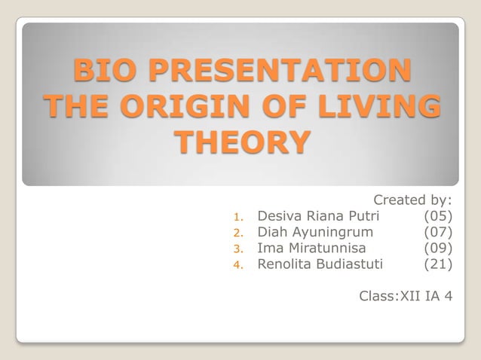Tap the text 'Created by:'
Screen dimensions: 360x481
pyautogui.click(x=412, y=200)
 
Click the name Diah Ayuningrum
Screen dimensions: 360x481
pyautogui.click(x=315, y=232)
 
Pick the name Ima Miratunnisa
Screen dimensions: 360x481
pyautogui.click(x=311, y=248)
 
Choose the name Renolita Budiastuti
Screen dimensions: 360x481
pyautogui.click(x=320, y=264)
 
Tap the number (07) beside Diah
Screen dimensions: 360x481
pyautogui.click(x=438, y=232)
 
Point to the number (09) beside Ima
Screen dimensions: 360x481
pyautogui.click(x=438, y=248)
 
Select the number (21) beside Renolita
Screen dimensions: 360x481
pyautogui.click(x=438, y=264)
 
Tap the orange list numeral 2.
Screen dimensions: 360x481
pyautogui.click(x=236, y=233)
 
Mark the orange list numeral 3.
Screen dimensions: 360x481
pyautogui.click(x=236, y=249)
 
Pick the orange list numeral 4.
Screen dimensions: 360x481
pyautogui.click(x=236, y=265)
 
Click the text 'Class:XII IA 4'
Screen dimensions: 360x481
pyautogui.click(x=406, y=296)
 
